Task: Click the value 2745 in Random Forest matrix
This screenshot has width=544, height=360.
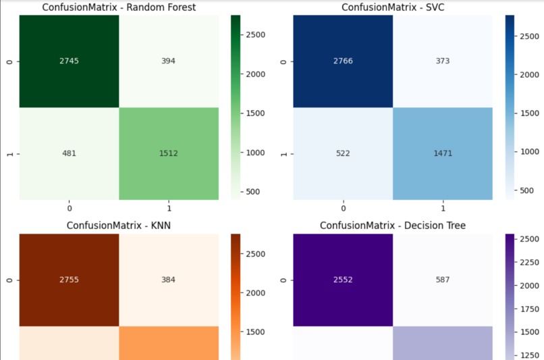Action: point(68,61)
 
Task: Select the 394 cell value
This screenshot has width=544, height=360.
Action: point(168,61)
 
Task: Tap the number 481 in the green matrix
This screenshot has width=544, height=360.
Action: point(68,153)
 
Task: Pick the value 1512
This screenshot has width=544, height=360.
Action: point(168,153)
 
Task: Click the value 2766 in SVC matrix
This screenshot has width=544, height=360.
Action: point(343,61)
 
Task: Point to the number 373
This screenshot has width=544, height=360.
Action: point(443,61)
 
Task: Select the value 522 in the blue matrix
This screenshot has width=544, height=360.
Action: point(343,153)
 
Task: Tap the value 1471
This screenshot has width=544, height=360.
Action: point(443,153)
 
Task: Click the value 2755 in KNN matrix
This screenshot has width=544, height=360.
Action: point(68,280)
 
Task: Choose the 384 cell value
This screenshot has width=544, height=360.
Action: point(168,280)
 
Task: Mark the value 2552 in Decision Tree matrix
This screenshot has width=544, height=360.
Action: point(343,280)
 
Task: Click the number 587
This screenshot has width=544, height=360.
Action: point(443,280)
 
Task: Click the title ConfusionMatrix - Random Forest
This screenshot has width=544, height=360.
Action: point(119,7)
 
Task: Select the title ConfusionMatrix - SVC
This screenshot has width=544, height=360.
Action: point(393,7)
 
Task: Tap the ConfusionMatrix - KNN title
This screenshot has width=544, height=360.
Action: point(119,225)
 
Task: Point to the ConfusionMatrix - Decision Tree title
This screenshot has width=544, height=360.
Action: point(393,225)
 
